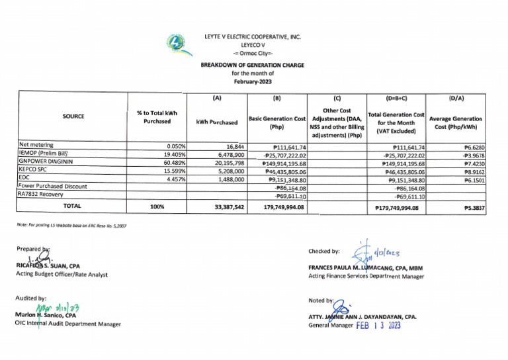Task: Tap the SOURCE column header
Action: (x=73, y=116)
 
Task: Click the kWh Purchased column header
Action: (x=216, y=122)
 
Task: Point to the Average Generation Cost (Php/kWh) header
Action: (x=456, y=122)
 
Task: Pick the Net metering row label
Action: (x=36, y=145)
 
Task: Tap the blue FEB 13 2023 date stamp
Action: (x=378, y=325)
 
